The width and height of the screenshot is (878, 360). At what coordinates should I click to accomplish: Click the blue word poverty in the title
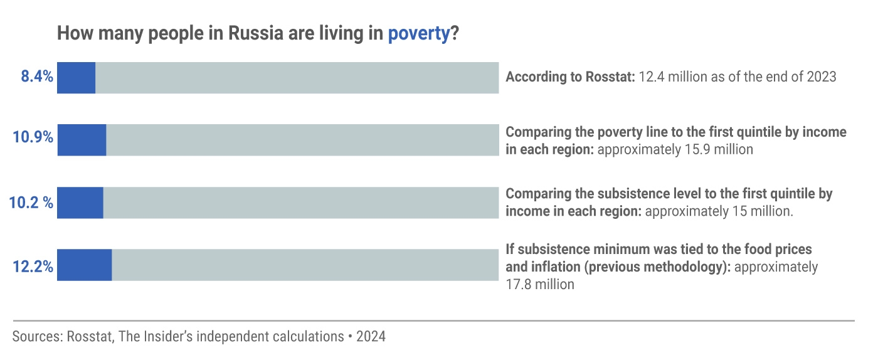pos(419,34)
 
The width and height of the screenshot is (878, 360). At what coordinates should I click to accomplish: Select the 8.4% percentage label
pos(37,78)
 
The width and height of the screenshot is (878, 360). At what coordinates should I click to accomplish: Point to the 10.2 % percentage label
pos(31,203)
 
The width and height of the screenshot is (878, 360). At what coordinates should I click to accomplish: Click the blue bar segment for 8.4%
pos(76,78)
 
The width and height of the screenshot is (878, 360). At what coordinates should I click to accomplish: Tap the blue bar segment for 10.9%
pos(82,140)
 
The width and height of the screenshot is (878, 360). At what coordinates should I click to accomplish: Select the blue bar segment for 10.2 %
pos(80,203)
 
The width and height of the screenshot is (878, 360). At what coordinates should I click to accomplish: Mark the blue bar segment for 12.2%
pos(84,265)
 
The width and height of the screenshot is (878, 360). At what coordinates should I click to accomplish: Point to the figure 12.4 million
pos(674,77)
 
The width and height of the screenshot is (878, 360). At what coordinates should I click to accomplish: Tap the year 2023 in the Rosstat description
pos(821,77)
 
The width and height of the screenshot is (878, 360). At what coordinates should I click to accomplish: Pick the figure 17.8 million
pos(540,284)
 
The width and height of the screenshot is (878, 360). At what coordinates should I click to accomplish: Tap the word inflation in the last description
pos(555,267)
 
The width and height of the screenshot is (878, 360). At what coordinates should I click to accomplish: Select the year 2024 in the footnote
pos(371,337)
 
